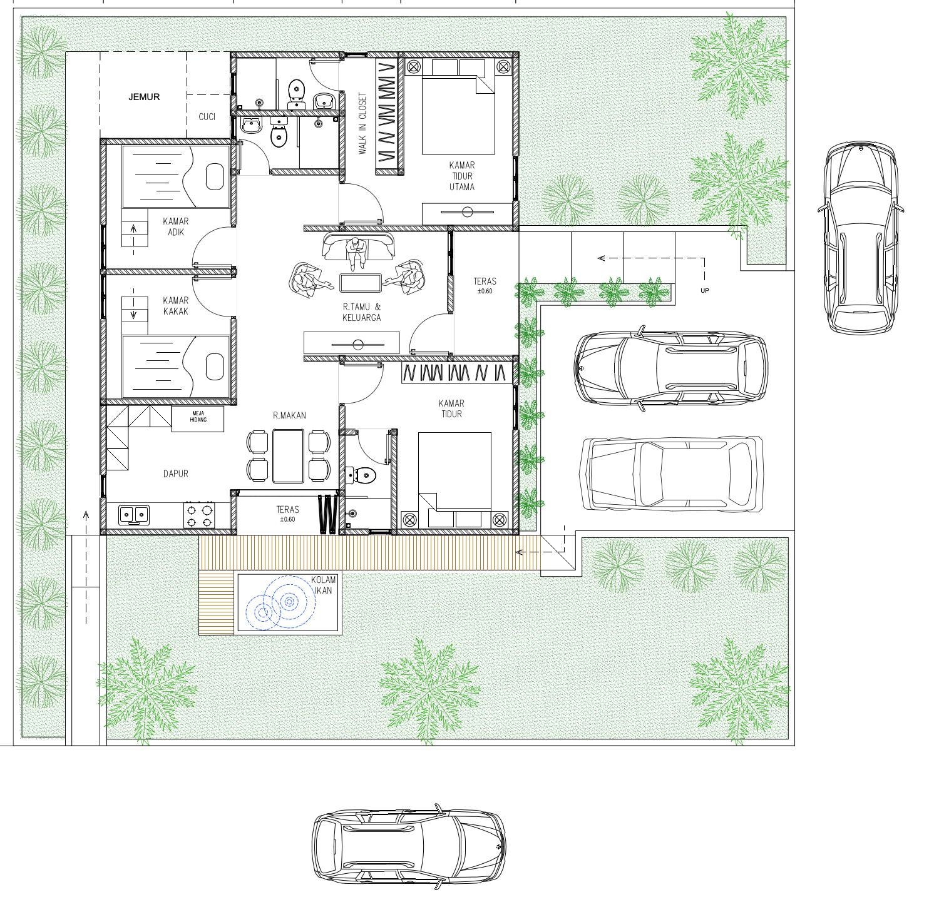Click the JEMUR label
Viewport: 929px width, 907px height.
144,97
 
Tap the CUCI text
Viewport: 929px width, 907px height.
207,117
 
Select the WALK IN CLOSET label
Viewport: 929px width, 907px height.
362,124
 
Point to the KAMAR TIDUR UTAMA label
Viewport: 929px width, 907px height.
461,176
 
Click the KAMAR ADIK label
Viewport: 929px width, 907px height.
176,226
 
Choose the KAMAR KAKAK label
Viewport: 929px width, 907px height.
176,306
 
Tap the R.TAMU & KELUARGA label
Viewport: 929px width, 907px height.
361,312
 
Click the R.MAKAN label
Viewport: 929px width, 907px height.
289,415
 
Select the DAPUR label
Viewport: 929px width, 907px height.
176,474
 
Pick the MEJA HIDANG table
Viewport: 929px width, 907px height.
198,418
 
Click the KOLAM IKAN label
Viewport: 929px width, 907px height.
324,584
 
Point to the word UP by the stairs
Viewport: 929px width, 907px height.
705,291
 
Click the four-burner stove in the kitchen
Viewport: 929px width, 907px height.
199,515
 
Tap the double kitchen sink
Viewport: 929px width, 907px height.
134,515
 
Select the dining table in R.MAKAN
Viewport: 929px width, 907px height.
289,456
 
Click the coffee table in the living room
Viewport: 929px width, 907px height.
361,283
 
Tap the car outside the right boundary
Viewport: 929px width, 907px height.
861,237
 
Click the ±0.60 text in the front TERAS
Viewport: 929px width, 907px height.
485,291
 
